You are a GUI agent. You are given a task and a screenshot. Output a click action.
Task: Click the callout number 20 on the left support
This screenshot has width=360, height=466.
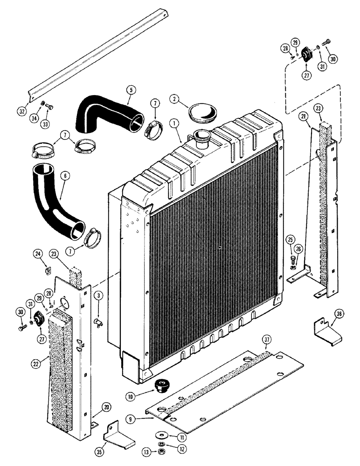coord(107,407)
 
